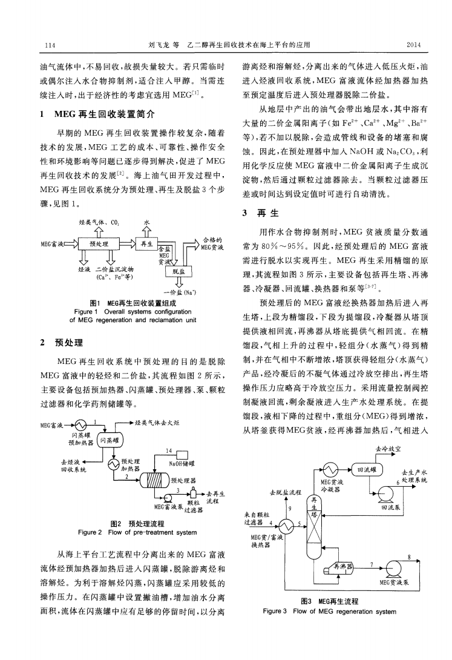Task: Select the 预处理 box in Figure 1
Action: pyautogui.click(x=97, y=244)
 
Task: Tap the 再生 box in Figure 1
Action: pyautogui.click(x=146, y=244)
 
